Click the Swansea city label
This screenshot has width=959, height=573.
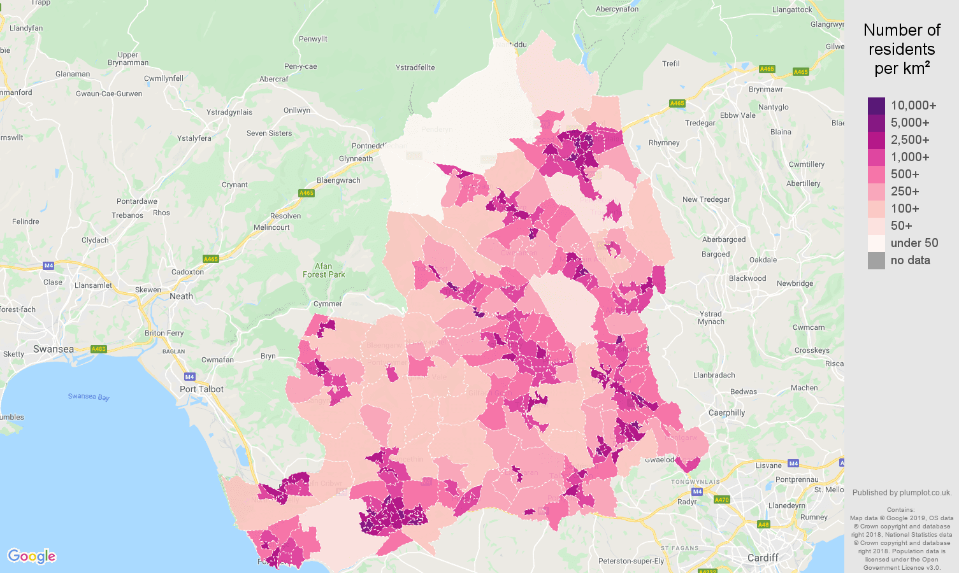[x=54, y=349]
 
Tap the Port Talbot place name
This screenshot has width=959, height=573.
[x=201, y=389]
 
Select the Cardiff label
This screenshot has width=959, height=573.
[x=762, y=558]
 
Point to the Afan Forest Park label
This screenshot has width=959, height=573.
[x=324, y=271]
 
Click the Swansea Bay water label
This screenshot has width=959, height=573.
[x=89, y=397]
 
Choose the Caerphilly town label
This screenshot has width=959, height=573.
[x=726, y=413]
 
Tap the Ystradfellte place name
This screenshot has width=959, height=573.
[x=415, y=67]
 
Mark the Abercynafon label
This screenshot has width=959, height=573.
[x=617, y=9]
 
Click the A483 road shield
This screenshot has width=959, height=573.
[x=99, y=349]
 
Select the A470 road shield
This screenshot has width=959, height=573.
[x=721, y=500]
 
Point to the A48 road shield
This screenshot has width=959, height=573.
[x=763, y=525]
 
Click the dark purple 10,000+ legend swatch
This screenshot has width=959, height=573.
[x=876, y=106]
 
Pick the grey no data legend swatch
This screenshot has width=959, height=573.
[x=876, y=260]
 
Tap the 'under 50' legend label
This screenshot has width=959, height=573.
[x=914, y=243]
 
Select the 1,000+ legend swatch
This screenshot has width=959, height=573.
[x=876, y=157]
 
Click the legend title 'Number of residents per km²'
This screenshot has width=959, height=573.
[x=902, y=49]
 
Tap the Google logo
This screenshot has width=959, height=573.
[x=32, y=556]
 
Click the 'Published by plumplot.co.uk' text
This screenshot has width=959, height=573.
[x=902, y=492]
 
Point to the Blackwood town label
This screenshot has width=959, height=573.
[x=747, y=278]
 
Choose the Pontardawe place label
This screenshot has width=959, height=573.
[x=137, y=201]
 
